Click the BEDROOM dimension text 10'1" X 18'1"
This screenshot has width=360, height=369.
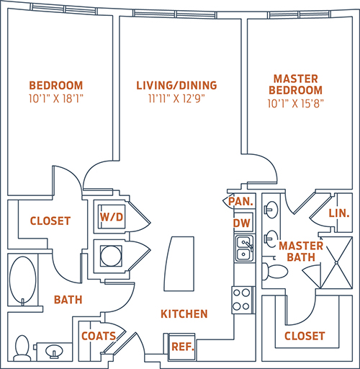click(56, 99)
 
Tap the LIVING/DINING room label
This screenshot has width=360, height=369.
click(176, 86)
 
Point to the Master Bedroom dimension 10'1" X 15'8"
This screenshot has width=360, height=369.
click(295, 104)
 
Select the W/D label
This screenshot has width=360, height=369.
click(112, 217)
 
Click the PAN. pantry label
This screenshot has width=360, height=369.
click(240, 202)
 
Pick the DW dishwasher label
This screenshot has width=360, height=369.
click(242, 223)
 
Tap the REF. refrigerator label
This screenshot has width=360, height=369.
click(183, 347)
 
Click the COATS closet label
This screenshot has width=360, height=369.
click(99, 336)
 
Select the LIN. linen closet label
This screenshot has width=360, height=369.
click(339, 213)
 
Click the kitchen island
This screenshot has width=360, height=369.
click(179, 264)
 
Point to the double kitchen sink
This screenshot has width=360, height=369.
click(244, 249)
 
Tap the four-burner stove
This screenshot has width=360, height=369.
click(242, 300)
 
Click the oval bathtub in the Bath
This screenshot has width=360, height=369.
click(23, 280)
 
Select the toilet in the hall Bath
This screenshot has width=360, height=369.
click(22, 348)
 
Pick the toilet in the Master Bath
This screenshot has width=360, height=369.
click(274, 272)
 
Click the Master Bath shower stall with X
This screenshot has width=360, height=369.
click(337, 262)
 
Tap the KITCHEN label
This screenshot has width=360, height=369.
click(184, 314)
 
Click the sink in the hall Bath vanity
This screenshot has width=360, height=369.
click(54, 352)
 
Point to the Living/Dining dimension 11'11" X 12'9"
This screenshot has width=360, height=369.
click(176, 99)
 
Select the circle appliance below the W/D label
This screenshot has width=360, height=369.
click(111, 256)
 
